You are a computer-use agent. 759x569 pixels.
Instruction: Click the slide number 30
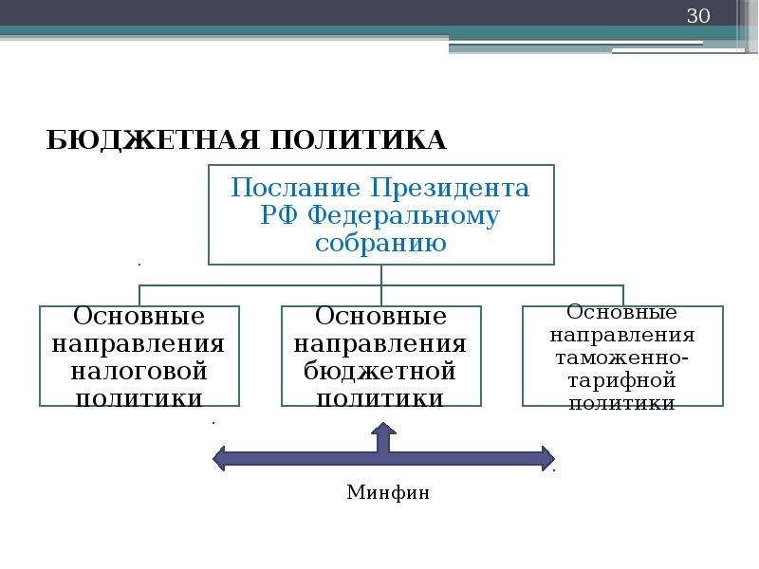(698, 16)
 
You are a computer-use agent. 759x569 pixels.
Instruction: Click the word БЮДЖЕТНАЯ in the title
(153, 140)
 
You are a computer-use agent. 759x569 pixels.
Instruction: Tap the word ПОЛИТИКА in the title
(359, 140)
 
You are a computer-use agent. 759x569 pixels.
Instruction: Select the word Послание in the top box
(295, 188)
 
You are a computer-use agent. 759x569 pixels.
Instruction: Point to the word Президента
(450, 188)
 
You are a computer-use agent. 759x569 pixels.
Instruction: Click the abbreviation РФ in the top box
(278, 215)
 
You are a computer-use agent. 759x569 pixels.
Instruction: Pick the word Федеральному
(402, 216)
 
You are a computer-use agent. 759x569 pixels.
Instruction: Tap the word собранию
(380, 243)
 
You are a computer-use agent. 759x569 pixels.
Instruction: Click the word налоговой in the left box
(139, 372)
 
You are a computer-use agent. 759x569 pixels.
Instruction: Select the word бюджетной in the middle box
(380, 371)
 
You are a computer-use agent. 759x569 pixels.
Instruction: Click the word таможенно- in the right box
(622, 358)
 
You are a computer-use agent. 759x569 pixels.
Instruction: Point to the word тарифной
(622, 381)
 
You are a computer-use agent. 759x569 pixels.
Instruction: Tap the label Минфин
(388, 492)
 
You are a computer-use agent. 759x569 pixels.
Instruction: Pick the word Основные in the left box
(139, 317)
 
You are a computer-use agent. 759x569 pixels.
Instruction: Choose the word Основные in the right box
(622, 312)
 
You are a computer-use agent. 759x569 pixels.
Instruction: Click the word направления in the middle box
(380, 344)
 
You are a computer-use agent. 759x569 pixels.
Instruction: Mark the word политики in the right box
(622, 403)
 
